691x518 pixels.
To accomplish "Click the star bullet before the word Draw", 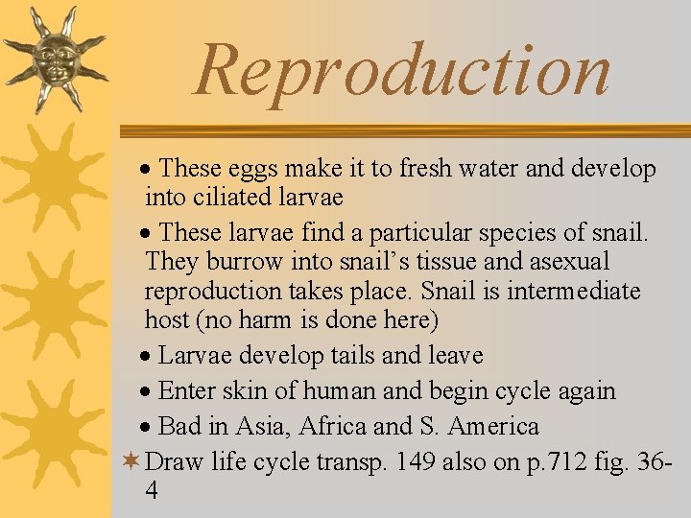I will point(131,461).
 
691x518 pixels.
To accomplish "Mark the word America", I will point(493,426).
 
